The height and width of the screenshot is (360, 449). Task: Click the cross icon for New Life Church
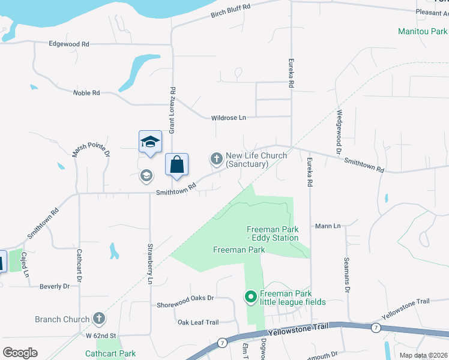[x=216, y=159]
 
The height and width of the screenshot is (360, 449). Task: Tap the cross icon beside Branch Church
[x=98, y=319]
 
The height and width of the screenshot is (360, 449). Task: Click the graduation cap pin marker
[x=150, y=142]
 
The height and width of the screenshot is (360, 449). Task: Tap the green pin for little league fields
[x=250, y=296]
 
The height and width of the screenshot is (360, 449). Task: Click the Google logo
[x=20, y=352]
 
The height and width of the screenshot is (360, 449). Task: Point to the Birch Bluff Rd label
[x=230, y=14]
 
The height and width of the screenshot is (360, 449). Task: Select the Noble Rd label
[x=86, y=93]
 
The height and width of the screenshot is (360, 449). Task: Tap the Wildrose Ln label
[x=228, y=118]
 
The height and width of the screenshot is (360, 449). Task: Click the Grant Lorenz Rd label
[x=172, y=110]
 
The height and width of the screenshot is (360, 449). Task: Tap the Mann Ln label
[x=328, y=226]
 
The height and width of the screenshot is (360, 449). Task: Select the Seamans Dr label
[x=347, y=274]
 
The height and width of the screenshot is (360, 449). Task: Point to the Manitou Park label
[x=423, y=31]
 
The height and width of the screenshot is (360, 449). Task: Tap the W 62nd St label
[x=100, y=335]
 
